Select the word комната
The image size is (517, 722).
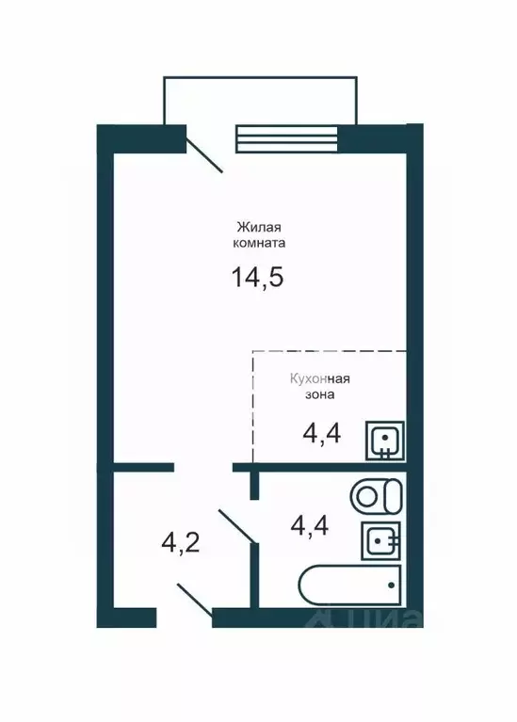258,243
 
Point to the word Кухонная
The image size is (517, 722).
319,380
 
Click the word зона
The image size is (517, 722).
319,396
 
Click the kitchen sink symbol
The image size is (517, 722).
384,441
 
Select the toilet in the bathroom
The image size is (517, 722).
376,493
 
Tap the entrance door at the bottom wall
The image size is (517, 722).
193,600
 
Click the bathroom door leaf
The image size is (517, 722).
236,526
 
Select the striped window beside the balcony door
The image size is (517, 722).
285,138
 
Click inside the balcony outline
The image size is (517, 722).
261,99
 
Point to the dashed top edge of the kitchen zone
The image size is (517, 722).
330,351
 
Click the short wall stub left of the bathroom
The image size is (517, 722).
253,485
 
